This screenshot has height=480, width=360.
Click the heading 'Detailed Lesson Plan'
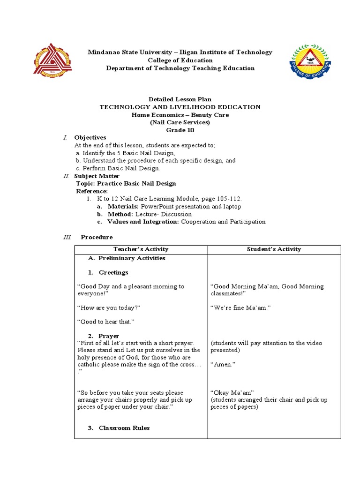[180, 99]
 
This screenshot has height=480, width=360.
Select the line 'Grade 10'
[180, 130]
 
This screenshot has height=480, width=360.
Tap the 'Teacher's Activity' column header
[141, 249]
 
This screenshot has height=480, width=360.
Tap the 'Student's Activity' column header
[274, 249]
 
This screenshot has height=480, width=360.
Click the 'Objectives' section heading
[90, 137]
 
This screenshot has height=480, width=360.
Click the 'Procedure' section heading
[97, 237]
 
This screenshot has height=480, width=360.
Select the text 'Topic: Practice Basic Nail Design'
[126, 183]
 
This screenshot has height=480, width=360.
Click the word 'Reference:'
[92, 191]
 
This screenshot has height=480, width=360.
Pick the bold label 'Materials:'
[123, 206]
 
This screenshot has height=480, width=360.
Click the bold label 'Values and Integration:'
[143, 222]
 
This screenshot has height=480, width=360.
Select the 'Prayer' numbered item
[109, 336]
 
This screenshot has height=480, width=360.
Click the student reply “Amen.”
[223, 364]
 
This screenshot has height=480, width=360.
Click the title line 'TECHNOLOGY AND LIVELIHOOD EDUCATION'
[180, 107]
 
